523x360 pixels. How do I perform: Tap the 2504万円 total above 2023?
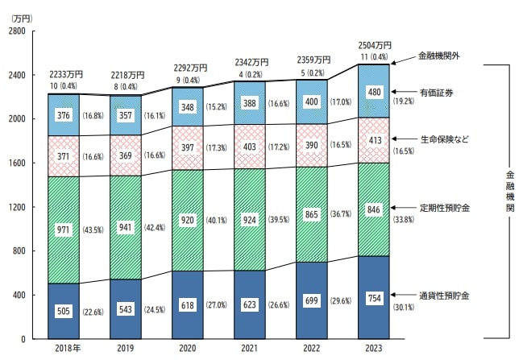pos(375,45)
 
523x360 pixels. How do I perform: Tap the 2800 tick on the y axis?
pos(16,31)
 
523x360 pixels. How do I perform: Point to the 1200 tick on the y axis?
pos(16,207)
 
